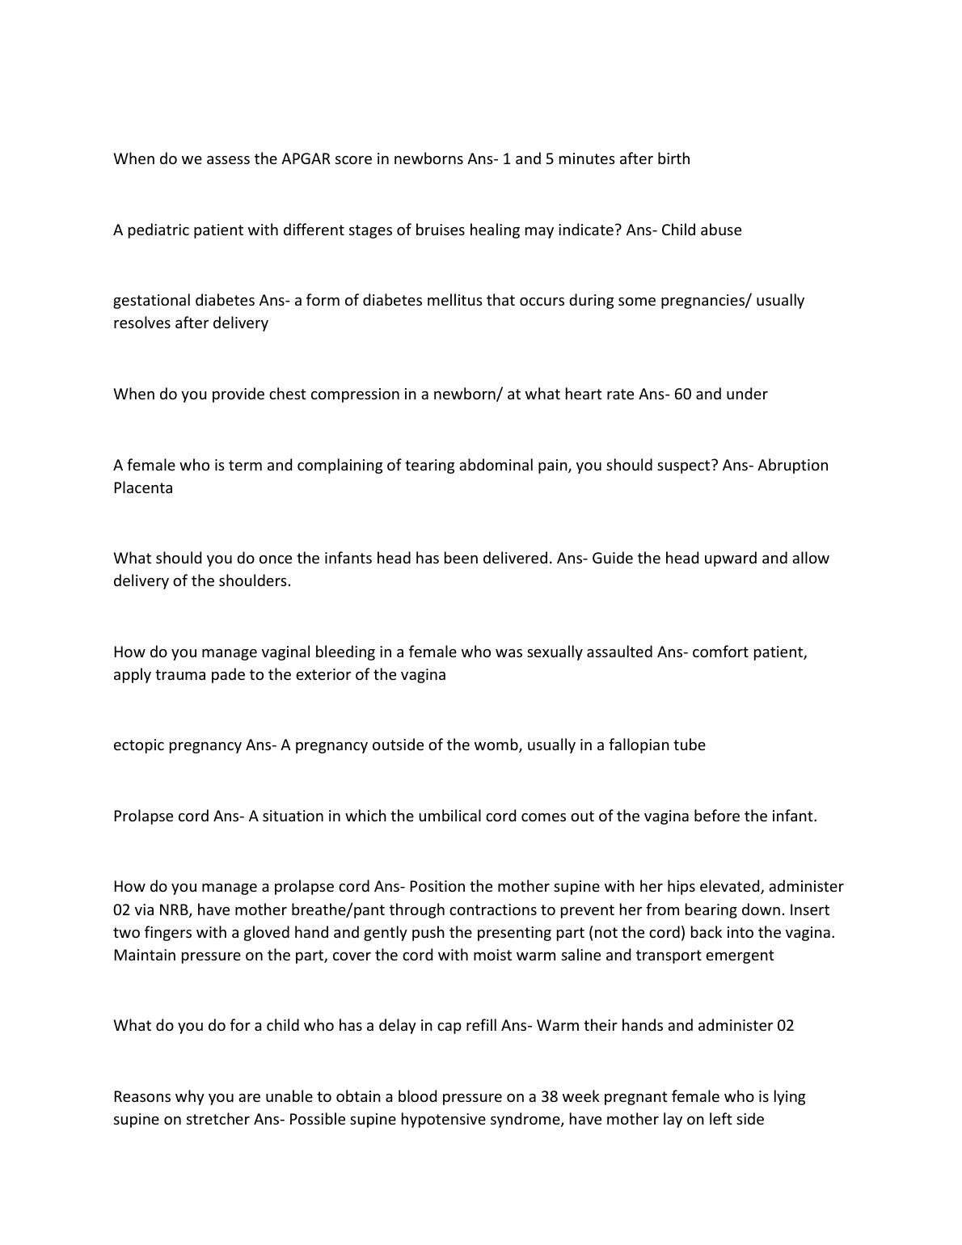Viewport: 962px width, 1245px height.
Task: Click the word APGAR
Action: click(306, 159)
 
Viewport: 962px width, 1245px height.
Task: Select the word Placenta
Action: click(143, 488)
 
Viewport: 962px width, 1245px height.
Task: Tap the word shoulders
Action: click(254, 581)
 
